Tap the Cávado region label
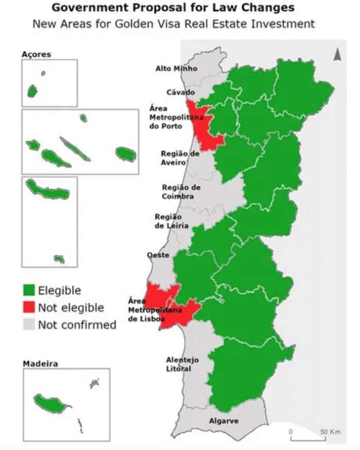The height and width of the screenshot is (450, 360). (x=180, y=92)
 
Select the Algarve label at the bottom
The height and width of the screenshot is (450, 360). (x=224, y=421)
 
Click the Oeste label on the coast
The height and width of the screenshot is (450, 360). (x=158, y=255)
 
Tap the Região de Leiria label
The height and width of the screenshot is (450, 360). (x=171, y=221)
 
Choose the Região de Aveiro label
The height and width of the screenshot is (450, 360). (x=180, y=158)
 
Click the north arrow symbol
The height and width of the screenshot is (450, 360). (x=337, y=54)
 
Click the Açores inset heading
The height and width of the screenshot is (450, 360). (x=36, y=54)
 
